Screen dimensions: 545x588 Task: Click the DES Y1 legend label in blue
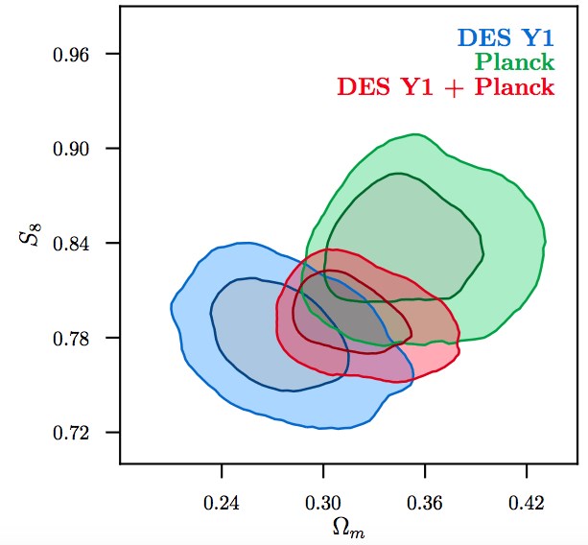click(x=506, y=39)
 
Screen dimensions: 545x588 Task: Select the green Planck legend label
click(x=515, y=63)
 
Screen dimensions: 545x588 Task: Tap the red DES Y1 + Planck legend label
click(x=445, y=87)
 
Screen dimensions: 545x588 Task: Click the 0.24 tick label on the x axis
click(x=222, y=501)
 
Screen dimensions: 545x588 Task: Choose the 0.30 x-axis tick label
click(x=323, y=501)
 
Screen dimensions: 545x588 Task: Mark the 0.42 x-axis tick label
click(x=527, y=501)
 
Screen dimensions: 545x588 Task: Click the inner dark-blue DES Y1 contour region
click(x=259, y=336)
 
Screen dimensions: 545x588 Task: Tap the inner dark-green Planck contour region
click(x=412, y=230)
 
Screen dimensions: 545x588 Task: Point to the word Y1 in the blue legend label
click(x=535, y=39)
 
